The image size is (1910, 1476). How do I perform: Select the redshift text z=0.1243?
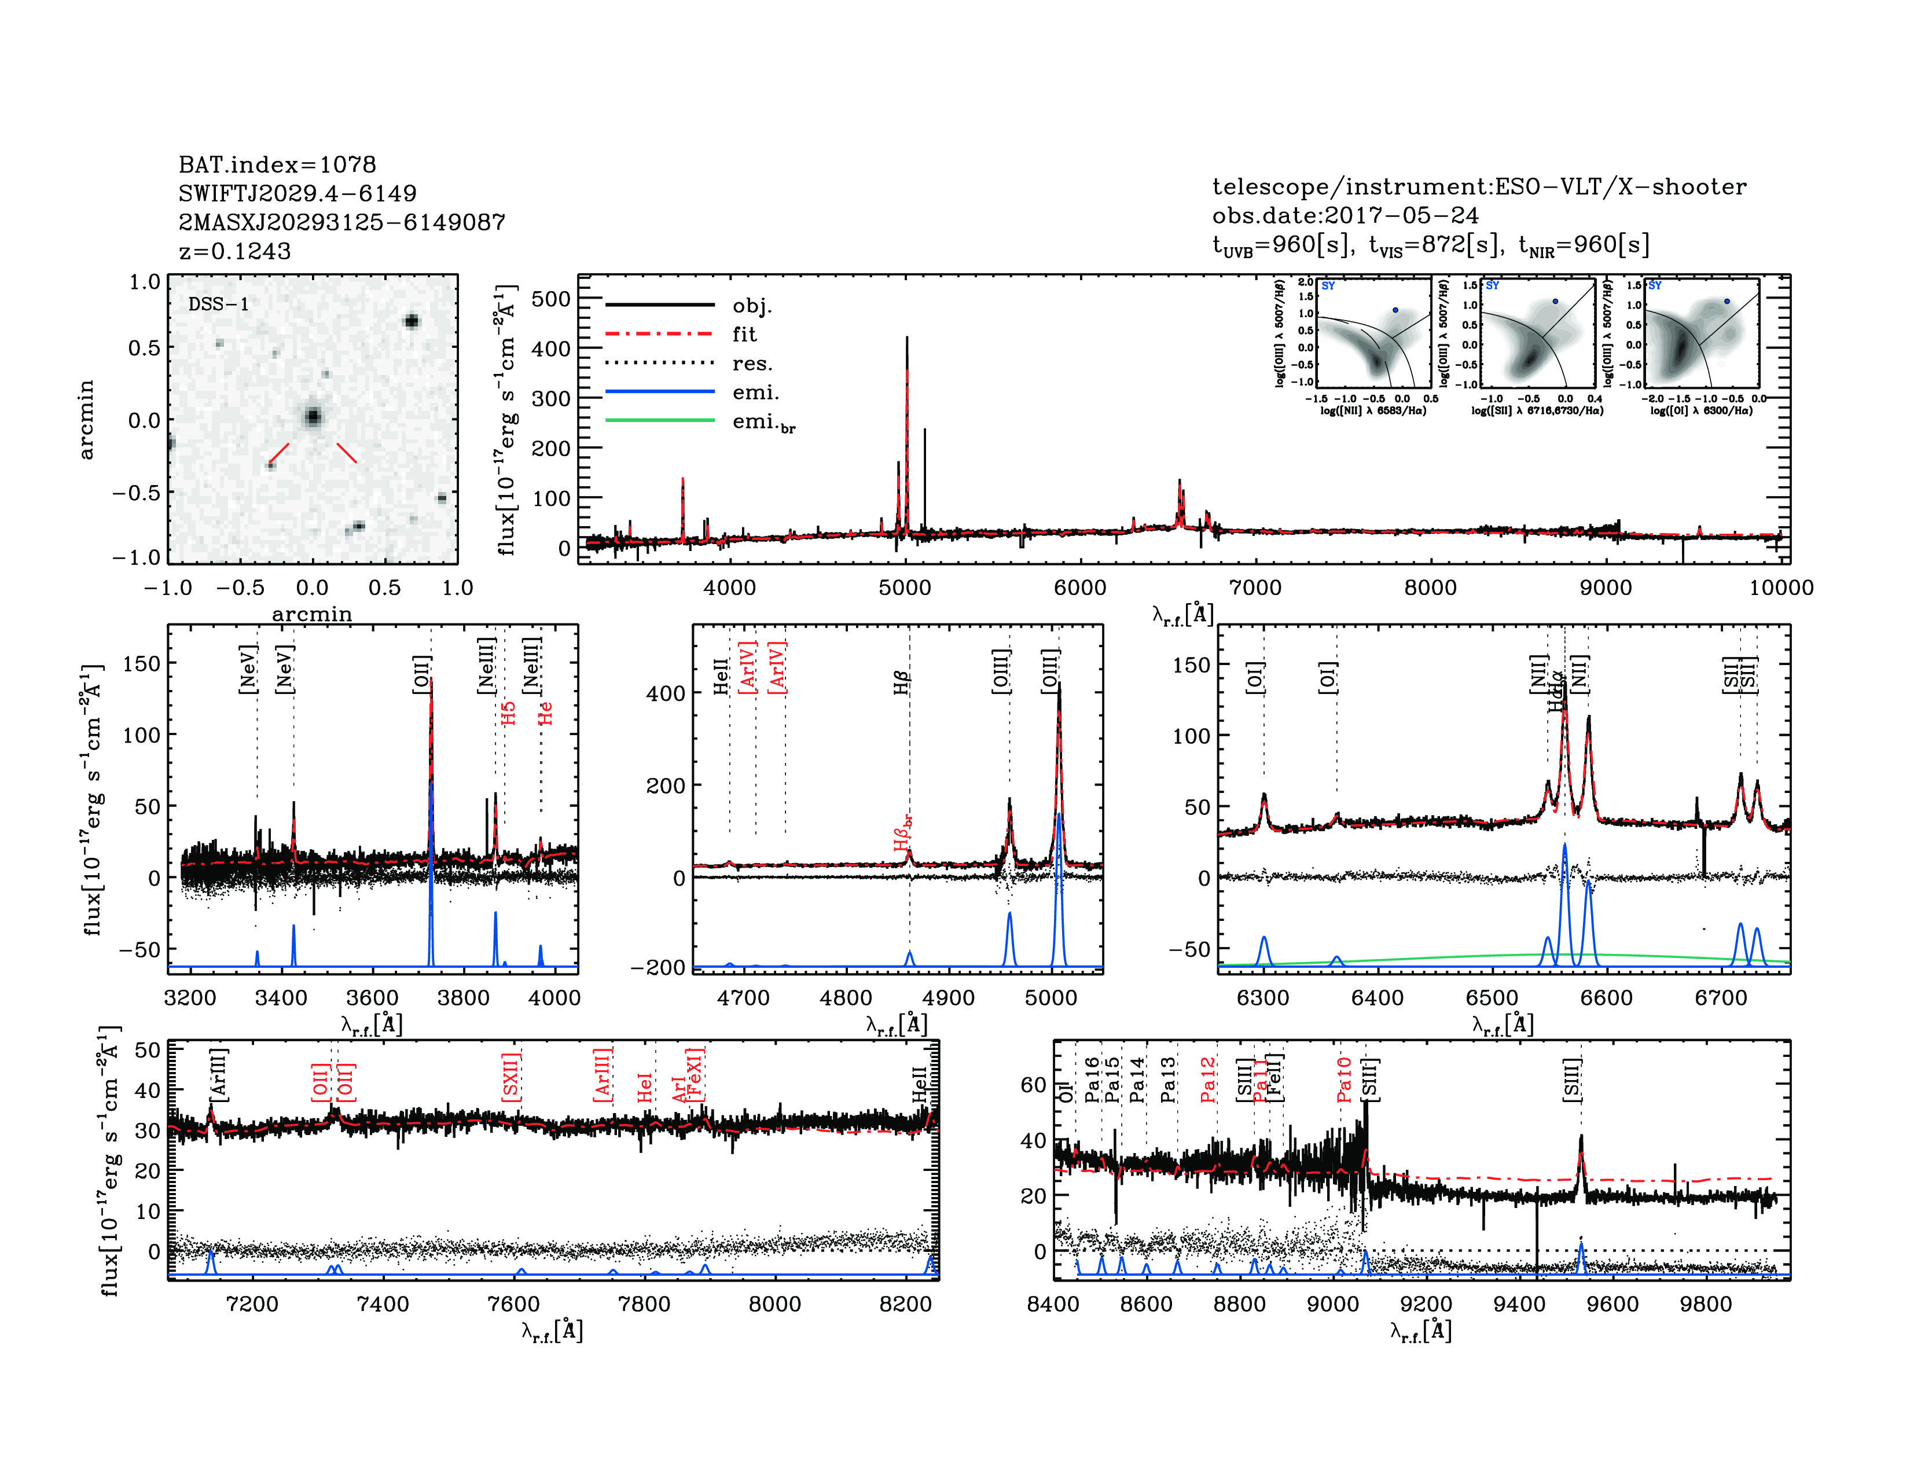pyautogui.click(x=234, y=251)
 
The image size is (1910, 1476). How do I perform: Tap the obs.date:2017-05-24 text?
pyautogui.click(x=1345, y=215)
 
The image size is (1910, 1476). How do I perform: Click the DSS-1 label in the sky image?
pyautogui.click(x=219, y=304)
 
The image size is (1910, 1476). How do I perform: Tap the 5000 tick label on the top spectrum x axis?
pyautogui.click(x=905, y=588)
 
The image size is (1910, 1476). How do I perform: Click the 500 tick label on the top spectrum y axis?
pyautogui.click(x=551, y=299)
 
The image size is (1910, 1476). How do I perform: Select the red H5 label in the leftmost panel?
pyautogui.click(x=508, y=713)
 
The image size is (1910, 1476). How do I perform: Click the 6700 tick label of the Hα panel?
pyautogui.click(x=1721, y=998)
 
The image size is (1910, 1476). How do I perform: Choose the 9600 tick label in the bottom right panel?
pyautogui.click(x=1613, y=1304)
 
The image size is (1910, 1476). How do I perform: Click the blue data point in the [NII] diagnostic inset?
pyautogui.click(x=1396, y=310)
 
